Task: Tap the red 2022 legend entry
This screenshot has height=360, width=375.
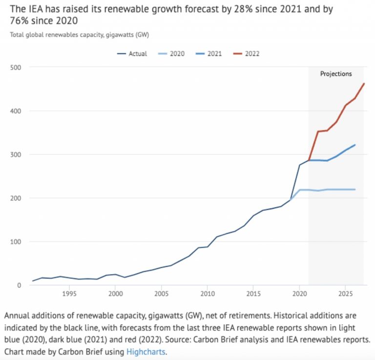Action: pos(252,54)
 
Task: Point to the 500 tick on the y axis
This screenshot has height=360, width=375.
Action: pos(17,67)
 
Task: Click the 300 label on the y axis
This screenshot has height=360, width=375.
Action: pos(17,155)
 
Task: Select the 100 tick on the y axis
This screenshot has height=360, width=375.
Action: pos(17,242)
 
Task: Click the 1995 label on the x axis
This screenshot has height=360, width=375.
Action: pos(69,294)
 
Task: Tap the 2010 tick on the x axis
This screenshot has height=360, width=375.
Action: pos(207,294)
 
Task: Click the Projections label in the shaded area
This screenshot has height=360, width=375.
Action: pos(335,74)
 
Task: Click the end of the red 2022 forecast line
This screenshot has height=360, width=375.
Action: pos(364,83)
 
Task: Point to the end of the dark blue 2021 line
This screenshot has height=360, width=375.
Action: pos(354,145)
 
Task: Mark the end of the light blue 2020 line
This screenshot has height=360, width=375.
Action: pos(354,189)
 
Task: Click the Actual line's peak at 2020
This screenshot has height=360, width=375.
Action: pos(299,165)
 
